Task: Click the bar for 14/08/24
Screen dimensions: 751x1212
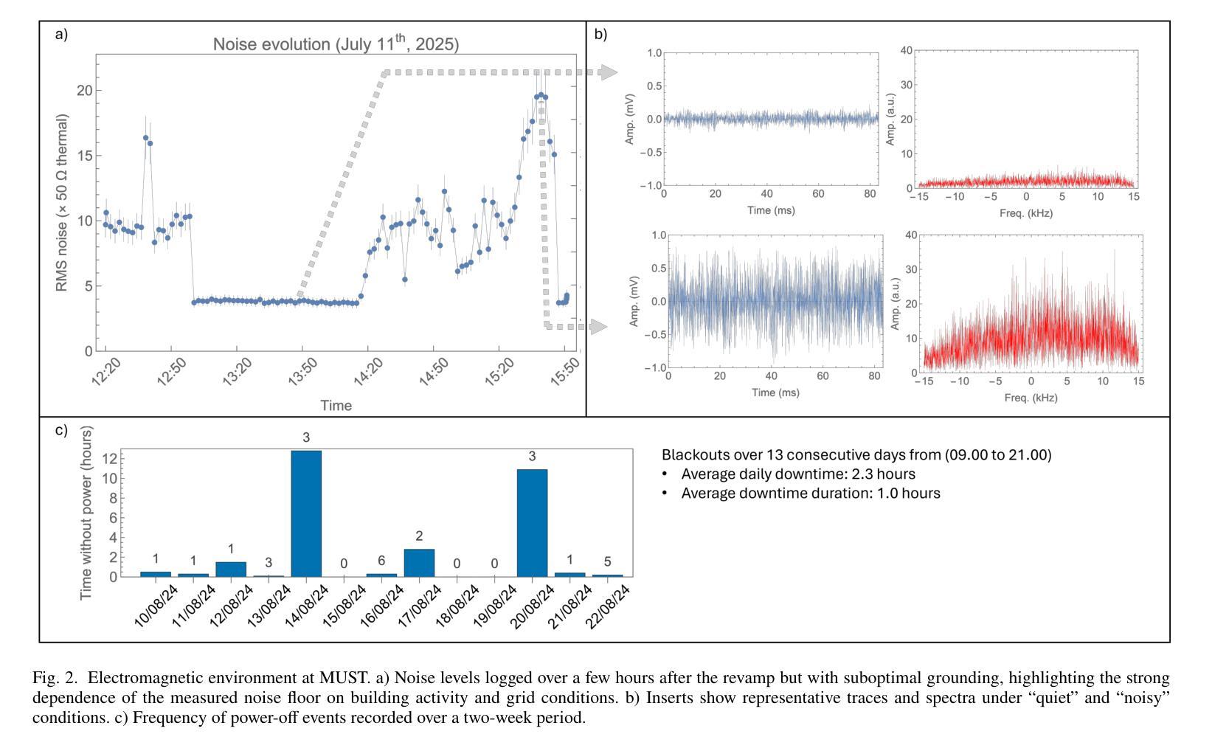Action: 306,513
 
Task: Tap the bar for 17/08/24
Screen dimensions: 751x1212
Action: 419,563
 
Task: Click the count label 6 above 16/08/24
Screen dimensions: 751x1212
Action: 381,561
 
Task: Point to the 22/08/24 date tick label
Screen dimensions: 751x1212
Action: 609,606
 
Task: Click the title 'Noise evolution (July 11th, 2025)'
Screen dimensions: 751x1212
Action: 336,44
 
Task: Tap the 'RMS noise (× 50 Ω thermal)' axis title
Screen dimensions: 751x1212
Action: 63,202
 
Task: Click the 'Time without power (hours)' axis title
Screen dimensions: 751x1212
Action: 87,513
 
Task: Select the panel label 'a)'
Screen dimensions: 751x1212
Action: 61,34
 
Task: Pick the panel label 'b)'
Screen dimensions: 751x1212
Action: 600,34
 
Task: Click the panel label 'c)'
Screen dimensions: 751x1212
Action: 61,429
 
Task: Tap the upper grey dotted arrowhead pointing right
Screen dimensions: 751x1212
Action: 609,72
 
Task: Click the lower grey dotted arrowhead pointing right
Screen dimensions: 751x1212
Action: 599,326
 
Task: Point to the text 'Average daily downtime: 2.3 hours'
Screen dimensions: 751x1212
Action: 797,474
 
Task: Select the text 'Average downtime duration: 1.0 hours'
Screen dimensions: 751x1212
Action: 810,493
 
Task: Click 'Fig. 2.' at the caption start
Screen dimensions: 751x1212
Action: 56,678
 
